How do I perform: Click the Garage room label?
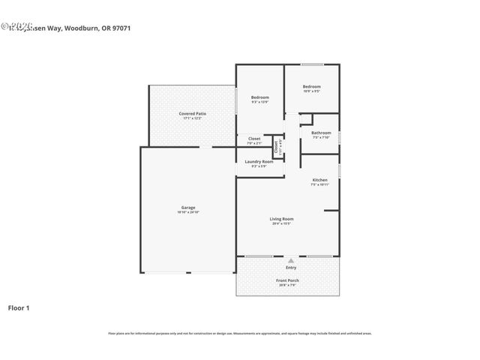[187, 207]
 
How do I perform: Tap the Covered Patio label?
[193, 113]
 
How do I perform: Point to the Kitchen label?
[319, 180]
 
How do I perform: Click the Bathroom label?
[320, 133]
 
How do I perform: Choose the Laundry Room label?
[259, 161]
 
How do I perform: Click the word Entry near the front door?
[290, 267]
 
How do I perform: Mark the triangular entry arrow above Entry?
[290, 260]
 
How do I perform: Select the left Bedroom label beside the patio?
[259, 97]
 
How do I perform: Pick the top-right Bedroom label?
[311, 86]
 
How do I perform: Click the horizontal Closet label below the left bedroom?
[254, 139]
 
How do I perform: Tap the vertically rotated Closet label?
[276, 146]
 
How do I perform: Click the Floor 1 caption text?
[19, 307]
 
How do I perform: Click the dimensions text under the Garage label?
[187, 212]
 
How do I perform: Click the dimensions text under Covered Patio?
[193, 118]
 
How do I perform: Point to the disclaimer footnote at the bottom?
[240, 333]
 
